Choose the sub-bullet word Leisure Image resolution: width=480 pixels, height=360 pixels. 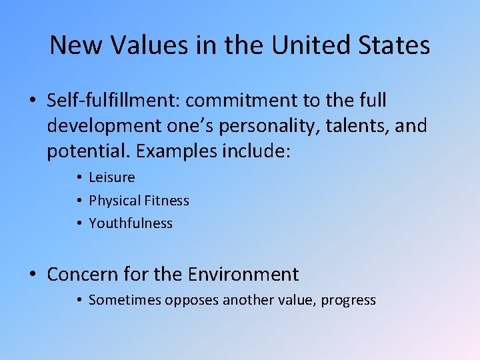coord(111,177)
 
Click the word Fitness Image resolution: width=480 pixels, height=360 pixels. coord(166,201)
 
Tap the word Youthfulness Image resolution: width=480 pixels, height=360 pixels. coord(131,223)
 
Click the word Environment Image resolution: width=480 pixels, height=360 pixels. coord(243,274)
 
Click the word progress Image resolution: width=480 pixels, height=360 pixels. coord(348,301)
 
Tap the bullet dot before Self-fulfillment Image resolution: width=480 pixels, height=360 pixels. coord(33,101)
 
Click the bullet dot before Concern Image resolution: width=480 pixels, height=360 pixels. coord(33,275)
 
